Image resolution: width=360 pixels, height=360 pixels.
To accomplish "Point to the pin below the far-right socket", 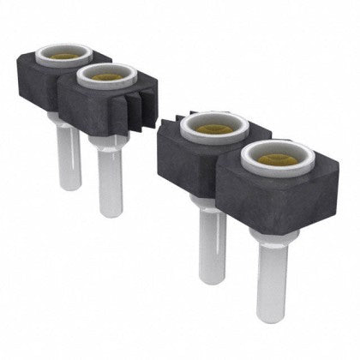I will pos(271,274).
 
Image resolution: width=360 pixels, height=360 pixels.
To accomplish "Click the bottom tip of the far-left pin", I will pos(69,186).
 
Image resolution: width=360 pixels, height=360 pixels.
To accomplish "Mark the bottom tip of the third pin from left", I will pos(213,279).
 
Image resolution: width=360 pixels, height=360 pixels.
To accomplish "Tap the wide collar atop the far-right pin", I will pos(273,235).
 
